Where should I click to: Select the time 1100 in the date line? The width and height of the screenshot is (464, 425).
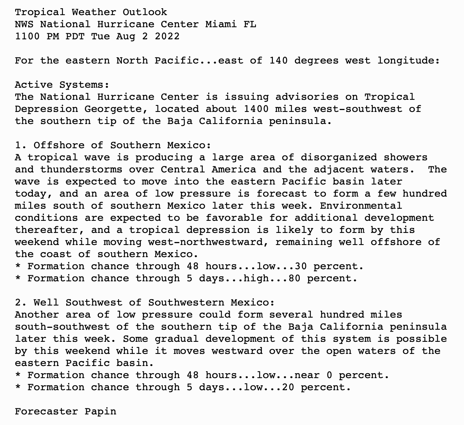point(27,36)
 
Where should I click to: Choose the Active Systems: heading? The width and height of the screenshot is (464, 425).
point(62,85)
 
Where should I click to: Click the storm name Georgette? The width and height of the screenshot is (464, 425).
point(116,109)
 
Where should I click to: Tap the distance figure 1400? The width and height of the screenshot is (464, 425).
point(256,109)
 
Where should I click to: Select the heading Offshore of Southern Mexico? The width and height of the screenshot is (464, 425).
point(122,145)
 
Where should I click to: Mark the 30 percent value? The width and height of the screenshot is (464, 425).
point(301,266)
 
